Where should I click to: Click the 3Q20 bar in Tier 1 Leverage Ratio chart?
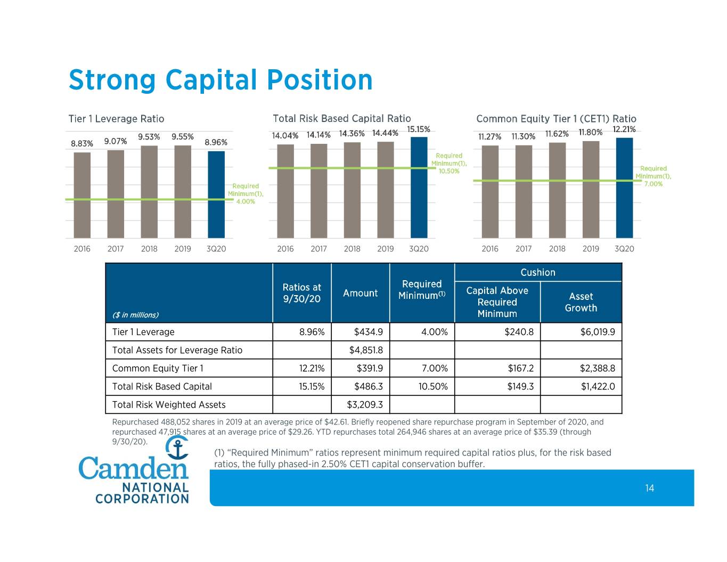pyautogui.click(x=216, y=194)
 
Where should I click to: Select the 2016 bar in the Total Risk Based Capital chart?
pyautogui.click(x=285, y=191)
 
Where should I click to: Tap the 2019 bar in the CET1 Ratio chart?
pyautogui.click(x=591, y=189)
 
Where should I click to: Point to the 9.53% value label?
pyautogui.click(x=149, y=137)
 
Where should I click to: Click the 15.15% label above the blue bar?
pyautogui.click(x=419, y=129)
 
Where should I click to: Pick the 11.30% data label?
pyautogui.click(x=523, y=136)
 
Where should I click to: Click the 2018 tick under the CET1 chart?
pyautogui.click(x=557, y=249)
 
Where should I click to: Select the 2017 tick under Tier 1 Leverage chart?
pyautogui.click(x=116, y=249)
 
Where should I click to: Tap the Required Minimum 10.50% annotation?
pyautogui.click(x=449, y=163)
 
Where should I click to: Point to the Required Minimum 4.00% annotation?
pyautogui.click(x=246, y=194)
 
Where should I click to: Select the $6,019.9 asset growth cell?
pyautogui.click(x=598, y=332)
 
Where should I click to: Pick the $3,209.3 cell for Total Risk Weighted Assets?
pyautogui.click(x=365, y=405)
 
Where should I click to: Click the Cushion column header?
pyautogui.click(x=538, y=272)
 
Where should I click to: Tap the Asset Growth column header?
pyautogui.click(x=581, y=302)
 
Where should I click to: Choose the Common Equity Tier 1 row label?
pyautogui.click(x=158, y=368)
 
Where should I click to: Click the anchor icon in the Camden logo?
pyautogui.click(x=177, y=447)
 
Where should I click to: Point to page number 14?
pyautogui.click(x=649, y=488)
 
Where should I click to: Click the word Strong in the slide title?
pyautogui.click(x=112, y=80)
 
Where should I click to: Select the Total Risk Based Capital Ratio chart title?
pyautogui.click(x=341, y=118)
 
